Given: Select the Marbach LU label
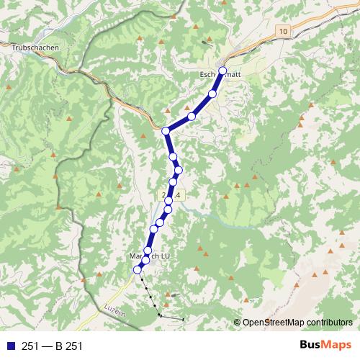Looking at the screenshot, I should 147,256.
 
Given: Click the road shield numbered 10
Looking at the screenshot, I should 283,32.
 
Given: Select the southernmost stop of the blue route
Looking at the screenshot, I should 138,269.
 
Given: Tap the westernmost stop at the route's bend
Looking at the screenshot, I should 166,130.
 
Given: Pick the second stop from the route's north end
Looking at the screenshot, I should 212,94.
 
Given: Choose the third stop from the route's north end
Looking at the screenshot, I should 192,116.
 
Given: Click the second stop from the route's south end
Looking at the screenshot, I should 145,259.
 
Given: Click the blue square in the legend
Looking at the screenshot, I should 9,346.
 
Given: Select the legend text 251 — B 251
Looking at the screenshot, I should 52,346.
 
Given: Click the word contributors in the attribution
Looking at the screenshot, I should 332,323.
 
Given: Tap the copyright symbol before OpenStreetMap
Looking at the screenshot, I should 238,323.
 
